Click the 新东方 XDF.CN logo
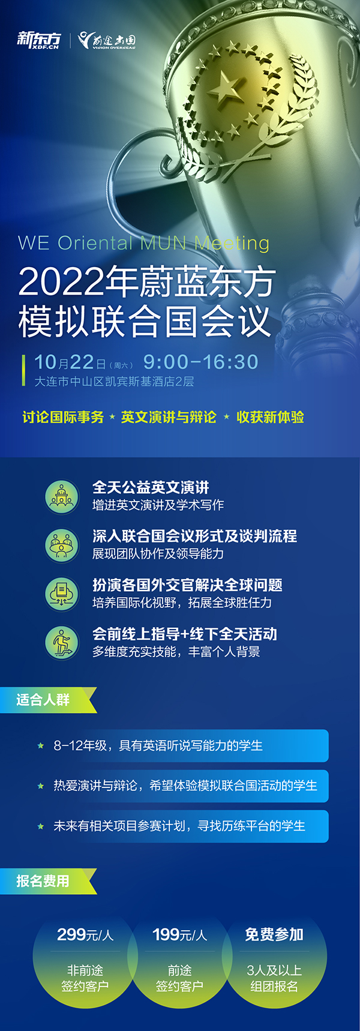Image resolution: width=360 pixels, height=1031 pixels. tap(39, 40)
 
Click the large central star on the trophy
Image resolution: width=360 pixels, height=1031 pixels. tap(226, 88)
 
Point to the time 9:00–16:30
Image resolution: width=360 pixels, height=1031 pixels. tap(200, 362)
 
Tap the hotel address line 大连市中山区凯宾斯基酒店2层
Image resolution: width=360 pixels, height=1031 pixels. tap(114, 382)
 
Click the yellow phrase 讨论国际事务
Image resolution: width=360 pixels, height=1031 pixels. tap(63, 417)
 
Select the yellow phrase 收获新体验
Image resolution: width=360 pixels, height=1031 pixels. tap(270, 417)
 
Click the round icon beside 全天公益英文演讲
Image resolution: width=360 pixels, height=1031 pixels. tap(62, 496)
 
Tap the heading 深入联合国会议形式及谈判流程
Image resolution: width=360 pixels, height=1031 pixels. tap(194, 536)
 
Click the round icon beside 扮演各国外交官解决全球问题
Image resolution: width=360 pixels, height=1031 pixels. tap(62, 594)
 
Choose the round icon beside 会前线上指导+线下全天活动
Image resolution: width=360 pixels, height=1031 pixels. tap(62, 642)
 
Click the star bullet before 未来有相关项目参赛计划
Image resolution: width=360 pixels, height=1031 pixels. tap(41, 826)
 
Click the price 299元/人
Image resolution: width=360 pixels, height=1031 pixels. tap(85, 934)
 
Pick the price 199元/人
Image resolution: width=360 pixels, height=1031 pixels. tap(179, 934)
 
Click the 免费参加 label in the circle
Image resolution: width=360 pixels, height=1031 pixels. tap(274, 934)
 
